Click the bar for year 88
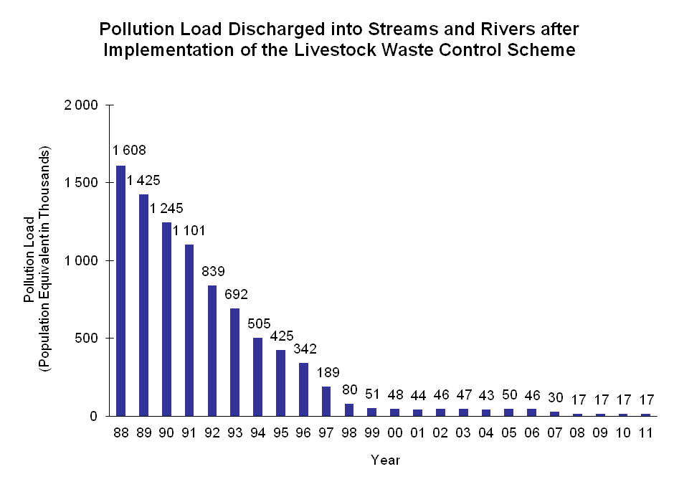tap(120, 290)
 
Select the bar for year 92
tap(212, 351)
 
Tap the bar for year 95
tap(281, 383)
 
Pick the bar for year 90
tap(166, 319)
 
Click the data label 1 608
tap(129, 151)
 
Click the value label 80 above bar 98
tap(349, 389)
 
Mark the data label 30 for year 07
tap(555, 397)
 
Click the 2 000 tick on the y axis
tap(82, 105)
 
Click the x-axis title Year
tap(385, 460)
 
